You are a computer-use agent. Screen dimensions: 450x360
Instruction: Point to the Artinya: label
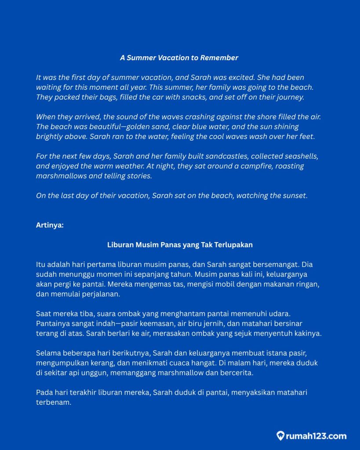50,225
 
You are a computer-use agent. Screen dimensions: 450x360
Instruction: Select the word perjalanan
100,294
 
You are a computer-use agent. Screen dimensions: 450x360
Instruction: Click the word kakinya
308,333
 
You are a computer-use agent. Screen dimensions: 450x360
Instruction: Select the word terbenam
53,402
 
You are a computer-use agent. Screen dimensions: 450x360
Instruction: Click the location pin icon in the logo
280,436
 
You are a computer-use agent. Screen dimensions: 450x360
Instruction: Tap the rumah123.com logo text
316,436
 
